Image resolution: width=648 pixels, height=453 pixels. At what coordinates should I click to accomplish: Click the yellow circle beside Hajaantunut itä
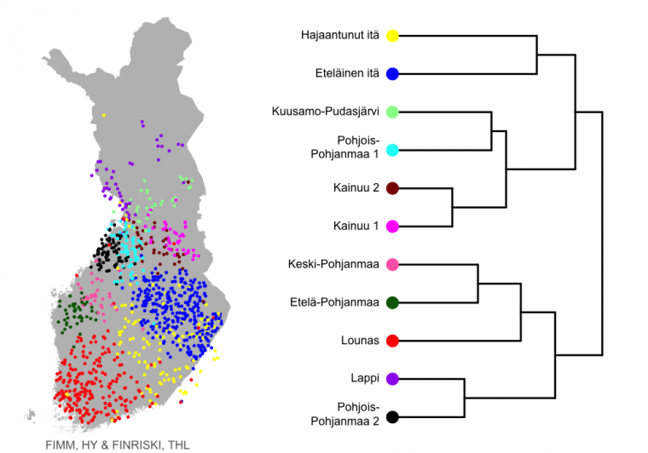392,36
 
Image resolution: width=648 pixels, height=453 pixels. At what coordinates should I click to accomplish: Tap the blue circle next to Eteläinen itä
392,74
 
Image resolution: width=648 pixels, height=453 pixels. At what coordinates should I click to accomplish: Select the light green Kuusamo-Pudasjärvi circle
392,112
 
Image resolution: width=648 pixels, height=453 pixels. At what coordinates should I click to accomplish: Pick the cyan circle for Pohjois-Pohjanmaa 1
392,150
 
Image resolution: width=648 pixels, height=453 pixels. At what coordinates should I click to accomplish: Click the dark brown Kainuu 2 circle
392,188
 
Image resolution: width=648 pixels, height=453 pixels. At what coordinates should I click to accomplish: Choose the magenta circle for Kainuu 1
392,226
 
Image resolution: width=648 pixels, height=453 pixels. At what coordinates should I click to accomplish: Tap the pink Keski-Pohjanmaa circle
392,265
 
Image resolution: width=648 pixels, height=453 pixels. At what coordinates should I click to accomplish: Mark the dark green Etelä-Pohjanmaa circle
392,302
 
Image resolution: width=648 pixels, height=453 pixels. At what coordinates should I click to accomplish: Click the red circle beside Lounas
392,341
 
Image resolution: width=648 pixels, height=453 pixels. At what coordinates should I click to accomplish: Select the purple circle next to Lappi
392,379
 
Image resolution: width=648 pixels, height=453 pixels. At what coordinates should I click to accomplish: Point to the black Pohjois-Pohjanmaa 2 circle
392,417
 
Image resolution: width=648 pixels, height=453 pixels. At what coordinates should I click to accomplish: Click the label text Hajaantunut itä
339,36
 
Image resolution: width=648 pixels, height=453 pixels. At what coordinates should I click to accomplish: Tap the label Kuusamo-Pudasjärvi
325,112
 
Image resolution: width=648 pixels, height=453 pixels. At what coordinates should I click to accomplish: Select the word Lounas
360,341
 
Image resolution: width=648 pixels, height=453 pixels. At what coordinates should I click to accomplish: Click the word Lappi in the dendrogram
365,378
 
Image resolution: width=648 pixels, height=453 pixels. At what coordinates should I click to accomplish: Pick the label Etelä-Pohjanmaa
334,302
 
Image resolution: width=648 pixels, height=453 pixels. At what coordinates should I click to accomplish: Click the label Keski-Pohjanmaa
333,264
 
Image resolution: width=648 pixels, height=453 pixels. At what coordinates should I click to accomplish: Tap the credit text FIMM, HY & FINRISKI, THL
118,445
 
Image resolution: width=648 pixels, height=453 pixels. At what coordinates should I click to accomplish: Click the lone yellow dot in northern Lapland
104,116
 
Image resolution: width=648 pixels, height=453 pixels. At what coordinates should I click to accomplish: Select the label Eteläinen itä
347,73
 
